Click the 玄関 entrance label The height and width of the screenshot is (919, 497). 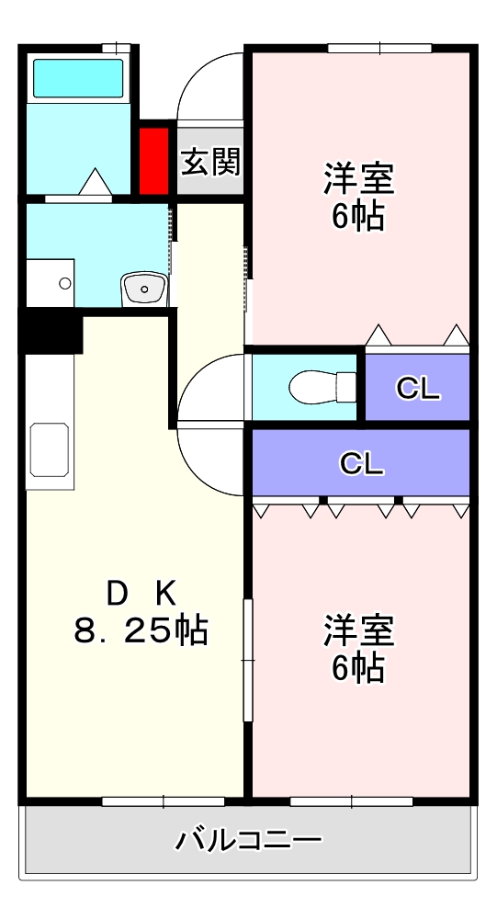(x=210, y=162)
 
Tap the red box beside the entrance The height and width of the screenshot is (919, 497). (x=154, y=161)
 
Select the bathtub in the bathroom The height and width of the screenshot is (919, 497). (x=78, y=78)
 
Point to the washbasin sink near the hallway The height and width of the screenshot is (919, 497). (x=143, y=289)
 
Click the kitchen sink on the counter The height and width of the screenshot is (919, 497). (x=49, y=450)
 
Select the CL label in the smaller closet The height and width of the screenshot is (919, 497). (x=418, y=390)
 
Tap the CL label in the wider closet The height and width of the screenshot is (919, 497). (x=361, y=463)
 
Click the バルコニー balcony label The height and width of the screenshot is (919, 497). (x=248, y=840)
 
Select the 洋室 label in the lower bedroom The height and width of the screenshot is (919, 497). (x=358, y=631)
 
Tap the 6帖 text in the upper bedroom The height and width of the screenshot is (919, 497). (x=358, y=217)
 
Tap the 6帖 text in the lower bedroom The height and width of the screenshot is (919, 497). (x=358, y=668)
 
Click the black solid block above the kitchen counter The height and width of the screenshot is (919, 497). (x=52, y=332)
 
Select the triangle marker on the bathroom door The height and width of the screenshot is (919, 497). (x=95, y=181)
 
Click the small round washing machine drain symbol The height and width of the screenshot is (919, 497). (x=65, y=283)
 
